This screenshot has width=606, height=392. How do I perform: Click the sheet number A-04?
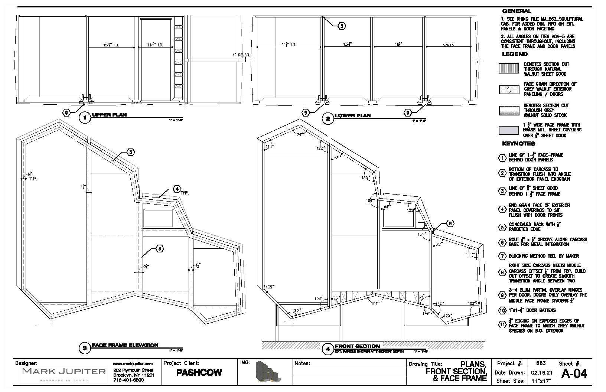pyautogui.click(x=574, y=373)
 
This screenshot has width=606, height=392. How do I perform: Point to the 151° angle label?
pyautogui.click(x=375, y=304)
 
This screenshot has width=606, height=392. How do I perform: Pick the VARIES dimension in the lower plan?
pyautogui.click(x=449, y=45)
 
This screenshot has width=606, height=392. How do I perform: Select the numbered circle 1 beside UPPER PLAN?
pyautogui.click(x=85, y=118)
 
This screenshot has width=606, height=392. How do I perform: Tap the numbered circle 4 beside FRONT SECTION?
pyautogui.click(x=328, y=349)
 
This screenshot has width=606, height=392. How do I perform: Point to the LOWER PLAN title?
pyautogui.click(x=352, y=116)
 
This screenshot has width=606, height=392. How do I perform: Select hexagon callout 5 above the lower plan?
pyautogui.click(x=342, y=26)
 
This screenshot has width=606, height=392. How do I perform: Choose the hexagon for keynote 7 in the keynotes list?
pyautogui.click(x=502, y=256)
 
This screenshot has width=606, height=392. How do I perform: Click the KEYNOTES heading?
pyautogui.click(x=518, y=144)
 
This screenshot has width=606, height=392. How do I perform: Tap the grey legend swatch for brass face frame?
pyautogui.click(x=508, y=130)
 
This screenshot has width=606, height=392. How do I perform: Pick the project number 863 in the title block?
pyautogui.click(x=541, y=363)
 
